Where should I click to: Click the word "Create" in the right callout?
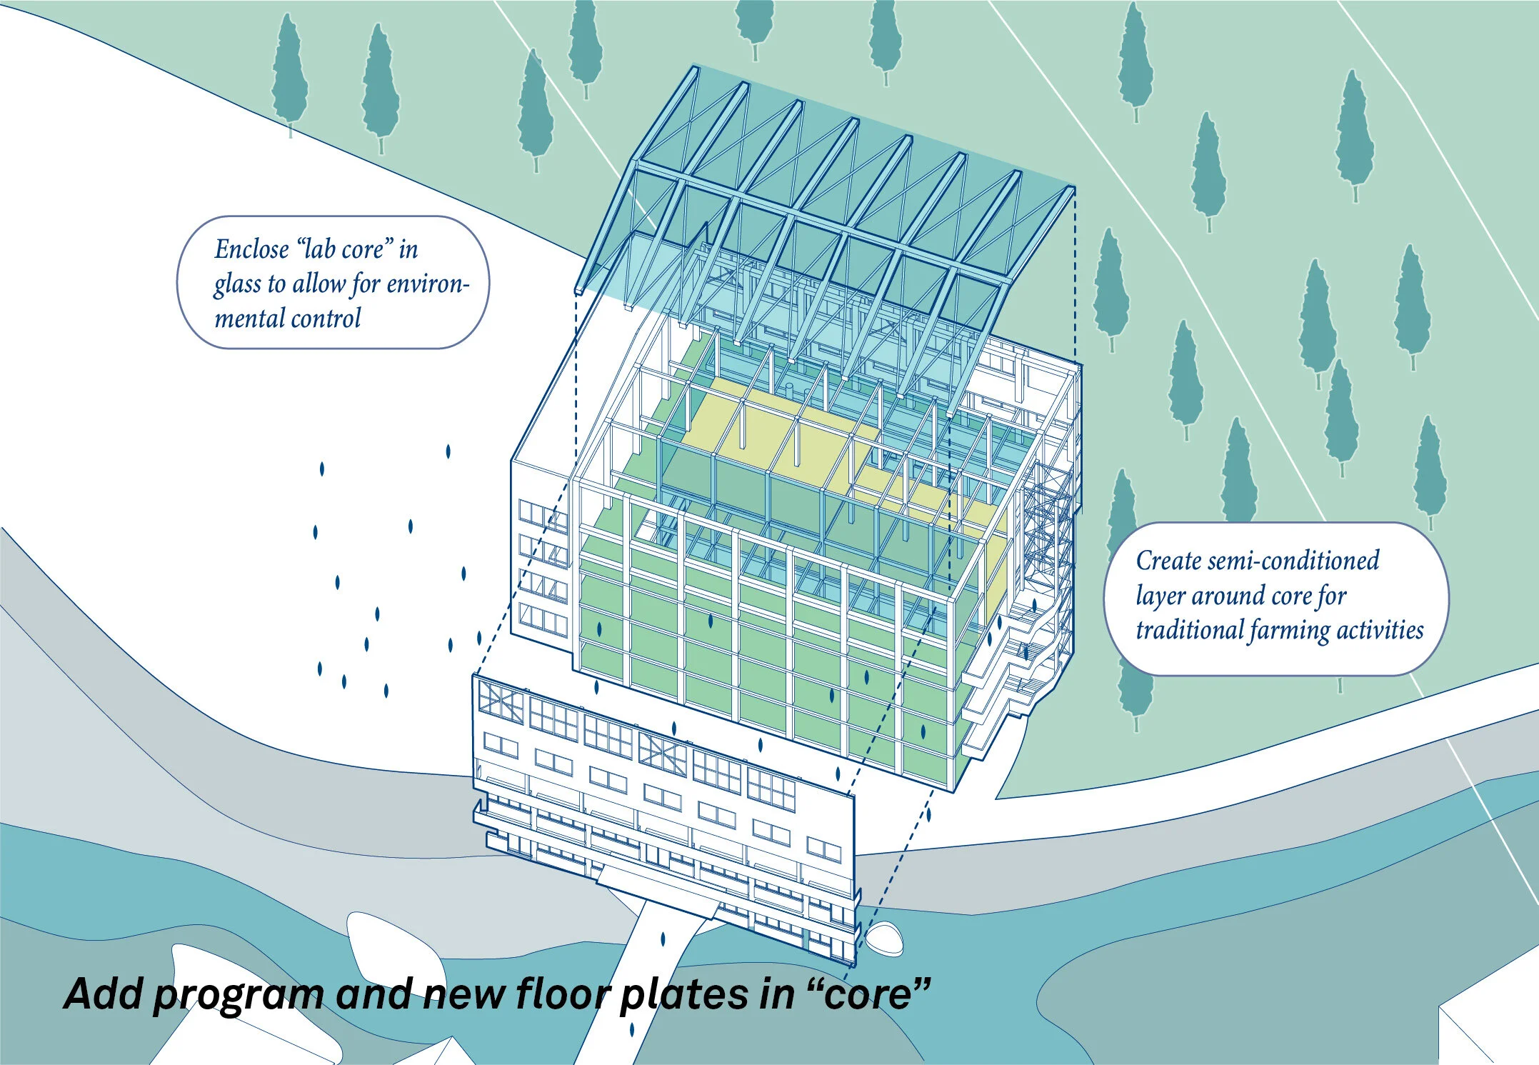1168,561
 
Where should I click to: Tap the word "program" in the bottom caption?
239,994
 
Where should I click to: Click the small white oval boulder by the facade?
884,938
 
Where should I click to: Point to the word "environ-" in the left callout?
428,284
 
